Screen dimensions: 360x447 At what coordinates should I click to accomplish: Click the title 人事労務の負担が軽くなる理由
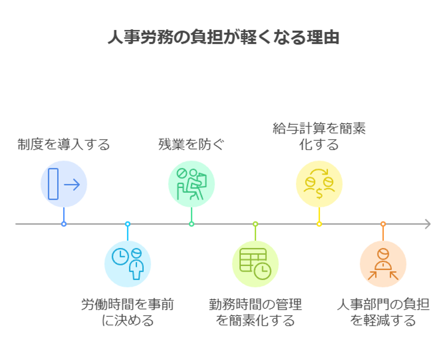click(223, 38)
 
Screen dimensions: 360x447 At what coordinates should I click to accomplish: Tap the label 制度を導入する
click(64, 144)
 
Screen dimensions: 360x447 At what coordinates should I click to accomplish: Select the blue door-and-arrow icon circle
click(64, 184)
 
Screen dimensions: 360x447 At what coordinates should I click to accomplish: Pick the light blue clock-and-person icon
click(127, 263)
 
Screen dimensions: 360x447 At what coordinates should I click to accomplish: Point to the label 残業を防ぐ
click(191, 144)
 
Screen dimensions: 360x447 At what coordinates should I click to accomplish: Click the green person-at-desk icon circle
click(191, 184)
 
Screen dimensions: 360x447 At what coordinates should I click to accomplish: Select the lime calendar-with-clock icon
click(256, 263)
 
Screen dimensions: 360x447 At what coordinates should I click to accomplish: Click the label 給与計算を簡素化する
click(319, 136)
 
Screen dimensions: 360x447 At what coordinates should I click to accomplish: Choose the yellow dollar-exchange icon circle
click(319, 184)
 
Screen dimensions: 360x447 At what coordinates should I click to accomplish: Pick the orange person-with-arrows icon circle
click(383, 263)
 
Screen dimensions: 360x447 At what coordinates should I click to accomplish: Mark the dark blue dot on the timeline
click(64, 224)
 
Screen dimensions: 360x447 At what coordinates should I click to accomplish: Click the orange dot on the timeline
click(383, 224)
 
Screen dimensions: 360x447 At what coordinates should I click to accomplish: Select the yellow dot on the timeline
click(319, 224)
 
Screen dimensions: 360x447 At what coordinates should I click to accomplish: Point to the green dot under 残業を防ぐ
click(191, 224)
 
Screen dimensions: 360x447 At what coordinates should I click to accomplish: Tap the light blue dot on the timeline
click(127, 224)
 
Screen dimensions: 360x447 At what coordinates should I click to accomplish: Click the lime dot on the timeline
click(256, 224)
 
